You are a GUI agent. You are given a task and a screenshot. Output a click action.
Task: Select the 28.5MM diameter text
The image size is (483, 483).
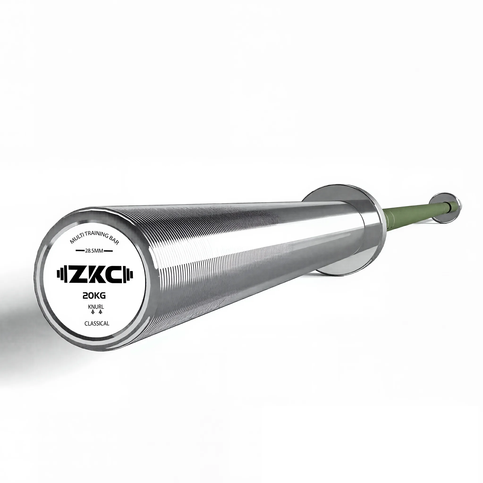(94, 250)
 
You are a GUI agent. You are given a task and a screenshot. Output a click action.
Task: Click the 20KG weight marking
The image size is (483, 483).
(94, 296)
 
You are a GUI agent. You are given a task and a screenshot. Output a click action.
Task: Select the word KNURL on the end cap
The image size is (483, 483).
(94, 307)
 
